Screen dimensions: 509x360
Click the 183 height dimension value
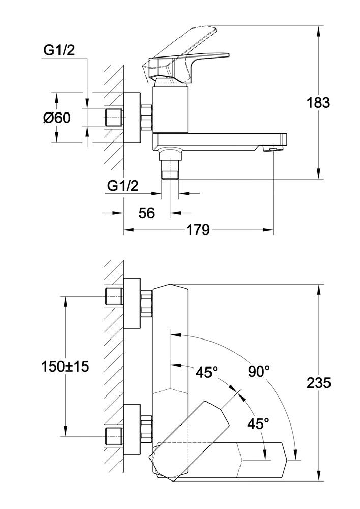[319, 103]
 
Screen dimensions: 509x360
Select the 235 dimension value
[319, 382]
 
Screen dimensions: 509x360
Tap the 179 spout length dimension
[198, 230]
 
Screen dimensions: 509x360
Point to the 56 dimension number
[146, 213]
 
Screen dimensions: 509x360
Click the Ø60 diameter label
[56, 118]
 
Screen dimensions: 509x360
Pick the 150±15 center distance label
[65, 366]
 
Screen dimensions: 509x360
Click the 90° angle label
[259, 372]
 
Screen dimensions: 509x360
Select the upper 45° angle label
[207, 372]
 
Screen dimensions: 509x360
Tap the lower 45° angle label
[258, 423]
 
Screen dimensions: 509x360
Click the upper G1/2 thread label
[59, 50]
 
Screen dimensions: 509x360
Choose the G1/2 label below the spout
[123, 186]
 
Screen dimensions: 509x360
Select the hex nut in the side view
[146, 118]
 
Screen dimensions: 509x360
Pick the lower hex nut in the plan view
[146, 429]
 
